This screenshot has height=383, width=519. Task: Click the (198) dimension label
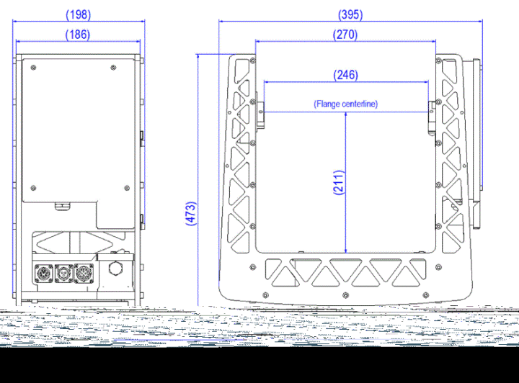point(79,15)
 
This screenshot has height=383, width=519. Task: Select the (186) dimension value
point(78,35)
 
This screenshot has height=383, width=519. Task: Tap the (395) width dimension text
point(350,15)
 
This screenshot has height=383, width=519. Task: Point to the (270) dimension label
point(345,35)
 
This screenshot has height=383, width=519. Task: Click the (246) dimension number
point(345,75)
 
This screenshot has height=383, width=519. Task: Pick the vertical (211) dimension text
point(339,182)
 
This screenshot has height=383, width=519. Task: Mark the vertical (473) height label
point(191,214)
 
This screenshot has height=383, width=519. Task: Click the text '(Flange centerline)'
point(345,104)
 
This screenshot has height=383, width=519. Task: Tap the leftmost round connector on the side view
point(43,274)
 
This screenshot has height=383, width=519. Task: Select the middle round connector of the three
point(63,274)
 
